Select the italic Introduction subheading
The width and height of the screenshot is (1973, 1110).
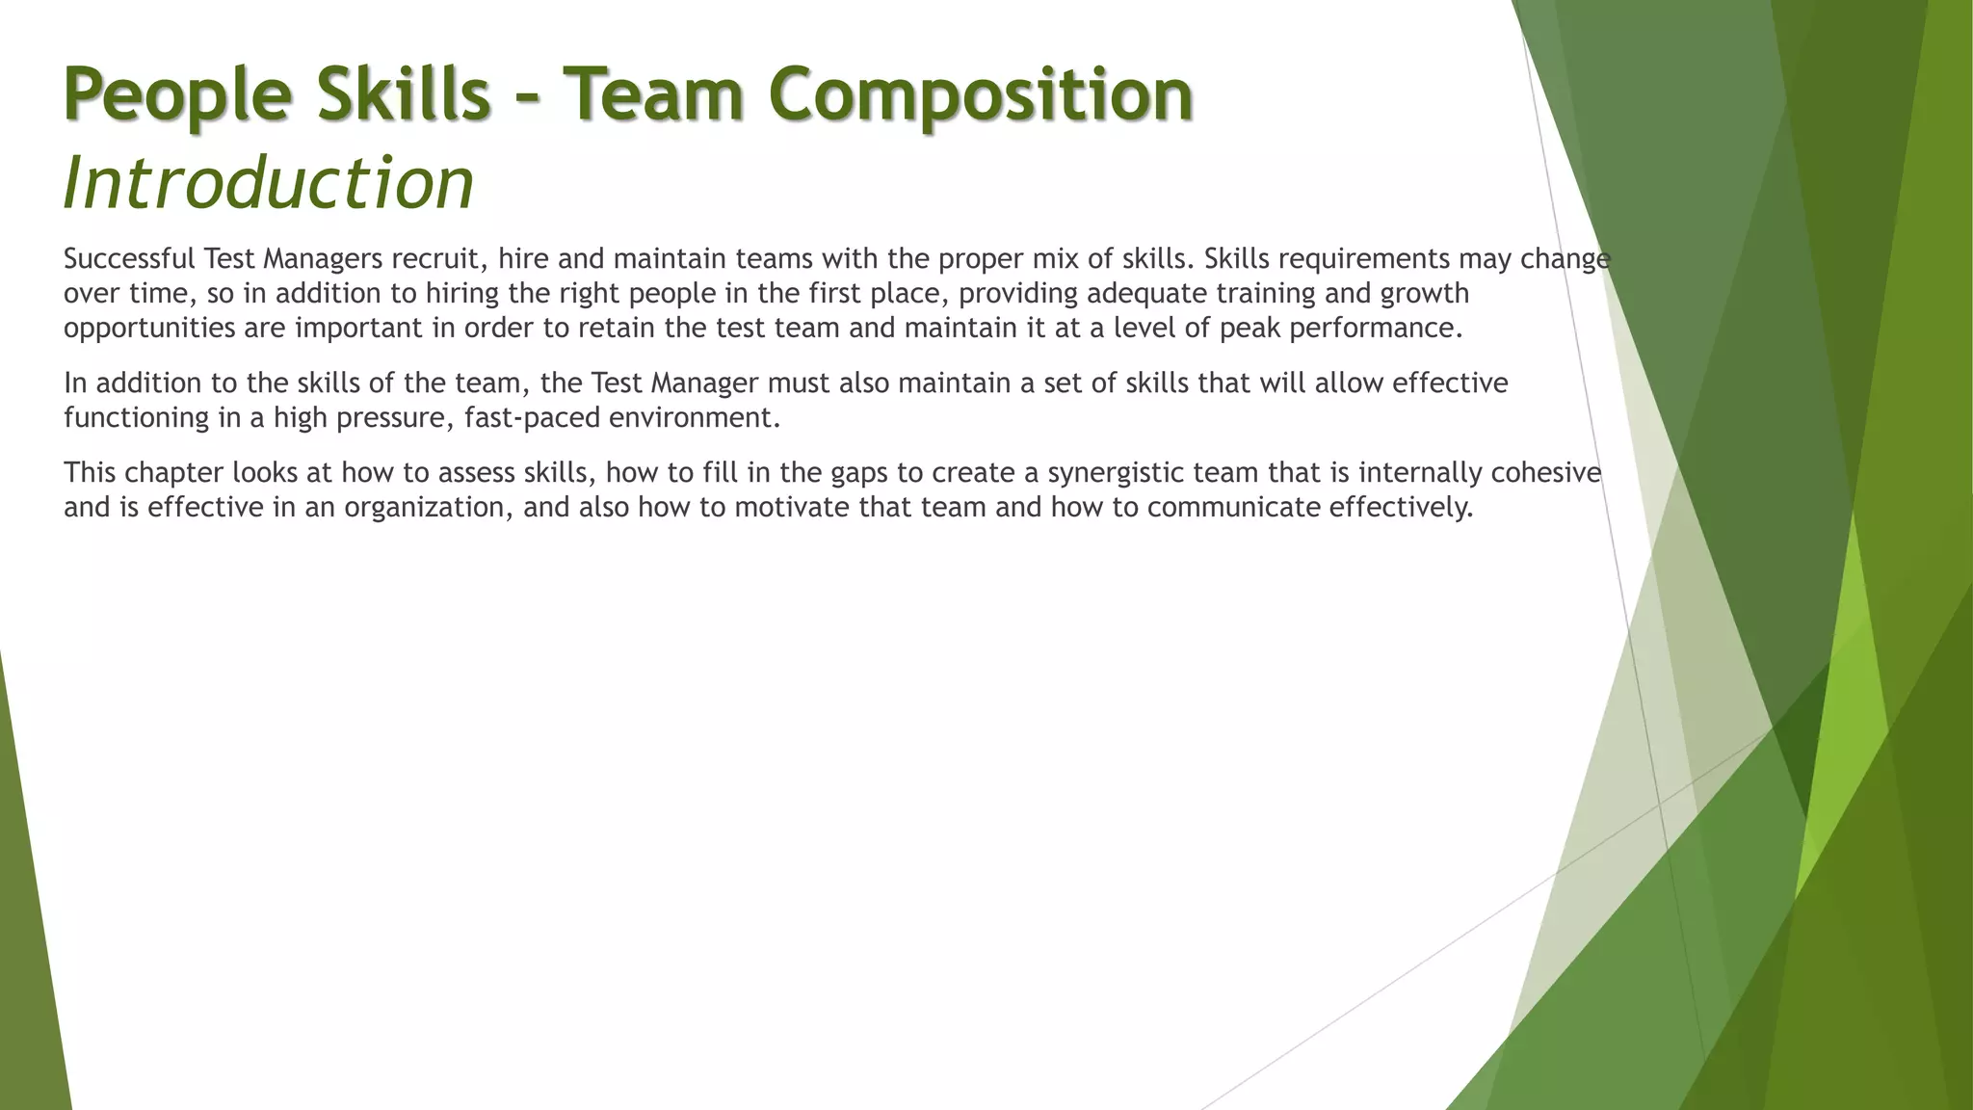[269, 183]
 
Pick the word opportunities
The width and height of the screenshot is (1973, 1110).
[149, 329]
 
